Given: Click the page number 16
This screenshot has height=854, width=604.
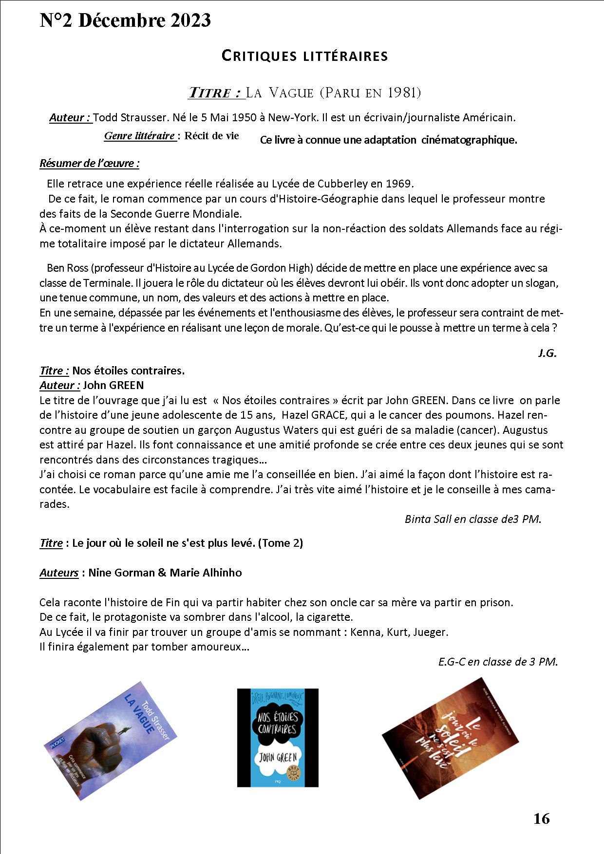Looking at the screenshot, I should tap(541, 818).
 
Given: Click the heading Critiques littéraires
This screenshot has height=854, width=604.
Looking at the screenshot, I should tap(304, 56).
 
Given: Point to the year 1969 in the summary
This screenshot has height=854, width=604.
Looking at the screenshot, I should tap(399, 184).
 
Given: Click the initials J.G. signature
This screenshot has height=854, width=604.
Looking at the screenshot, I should tap(547, 353).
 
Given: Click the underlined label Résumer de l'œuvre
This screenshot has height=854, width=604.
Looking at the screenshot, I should tap(89, 163).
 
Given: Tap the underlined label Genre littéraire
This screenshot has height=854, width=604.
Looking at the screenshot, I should tap(140, 136).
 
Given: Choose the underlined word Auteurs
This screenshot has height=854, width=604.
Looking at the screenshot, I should tap(59, 573).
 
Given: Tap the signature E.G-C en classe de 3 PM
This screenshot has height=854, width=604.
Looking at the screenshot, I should tap(497, 662).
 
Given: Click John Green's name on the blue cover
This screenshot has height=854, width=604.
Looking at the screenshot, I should tap(277, 758).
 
